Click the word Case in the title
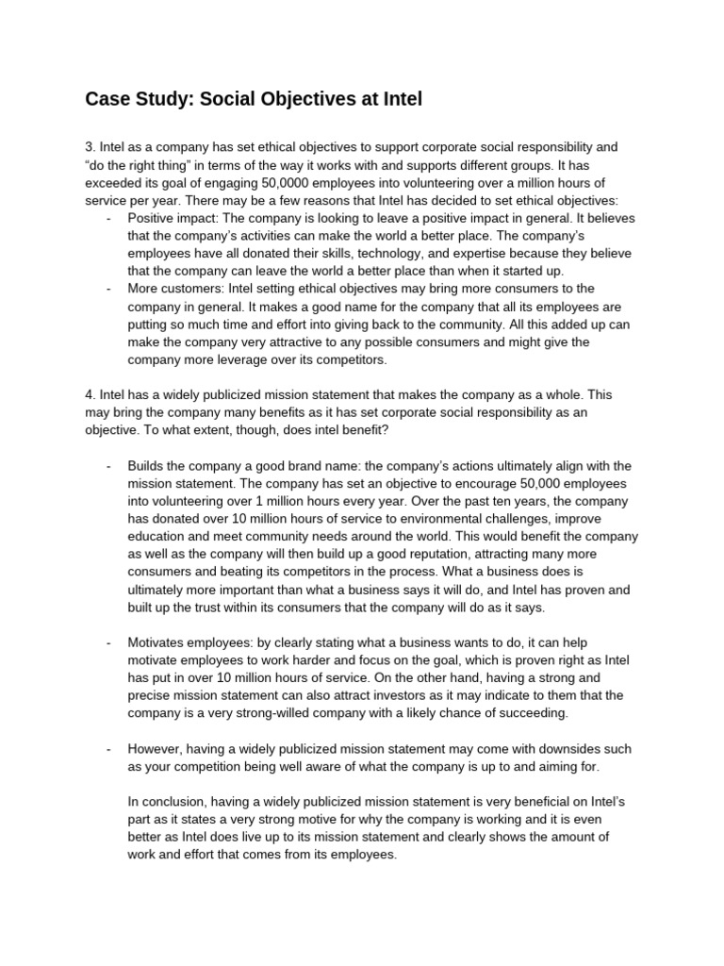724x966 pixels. point(109,98)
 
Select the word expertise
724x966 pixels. point(465,254)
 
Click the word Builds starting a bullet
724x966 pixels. point(148,466)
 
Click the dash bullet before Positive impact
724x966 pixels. point(109,218)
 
